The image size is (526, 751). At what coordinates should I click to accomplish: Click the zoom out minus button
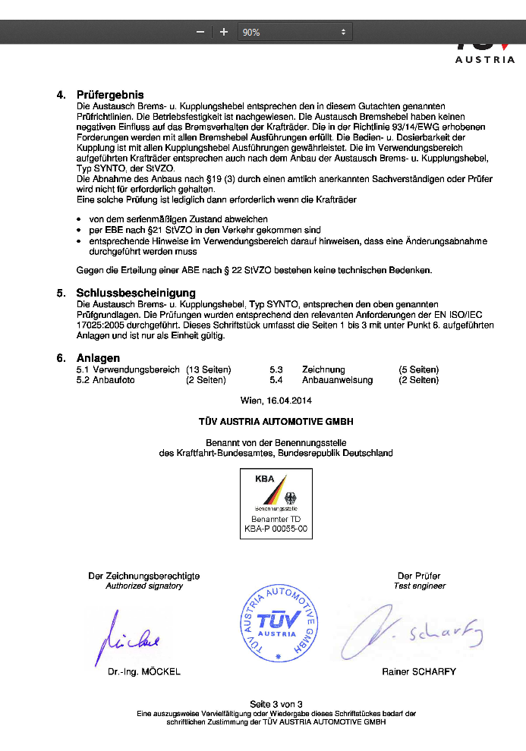[200, 32]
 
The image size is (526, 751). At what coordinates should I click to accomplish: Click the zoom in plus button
[224, 32]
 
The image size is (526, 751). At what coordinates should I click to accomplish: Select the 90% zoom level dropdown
[294, 32]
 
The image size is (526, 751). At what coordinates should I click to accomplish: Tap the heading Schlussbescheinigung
[136, 293]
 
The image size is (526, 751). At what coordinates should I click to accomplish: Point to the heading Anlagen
[98, 358]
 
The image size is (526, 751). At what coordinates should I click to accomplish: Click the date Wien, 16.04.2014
[276, 400]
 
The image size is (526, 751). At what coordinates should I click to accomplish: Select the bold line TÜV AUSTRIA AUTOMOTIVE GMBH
[276, 421]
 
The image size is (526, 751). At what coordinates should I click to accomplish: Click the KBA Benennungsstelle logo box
[276, 504]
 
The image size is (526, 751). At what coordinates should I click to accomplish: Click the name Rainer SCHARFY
[419, 672]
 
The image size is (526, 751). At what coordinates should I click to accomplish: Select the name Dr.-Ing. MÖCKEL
[144, 672]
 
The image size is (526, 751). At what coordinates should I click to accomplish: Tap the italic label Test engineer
[420, 586]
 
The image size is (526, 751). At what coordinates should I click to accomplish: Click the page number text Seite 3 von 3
[276, 704]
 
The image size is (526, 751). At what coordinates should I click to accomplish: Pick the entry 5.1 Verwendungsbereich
[128, 369]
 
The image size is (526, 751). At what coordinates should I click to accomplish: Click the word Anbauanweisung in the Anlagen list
[337, 380]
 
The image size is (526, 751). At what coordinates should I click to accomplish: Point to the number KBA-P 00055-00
[276, 529]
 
